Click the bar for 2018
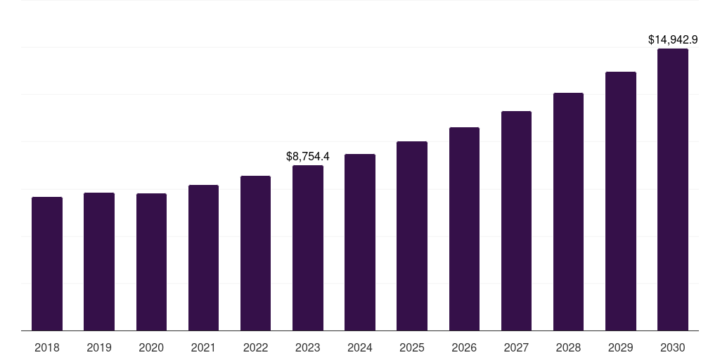click(x=47, y=264)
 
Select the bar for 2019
click(x=99, y=262)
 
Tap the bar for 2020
click(x=151, y=262)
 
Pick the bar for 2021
click(x=203, y=257)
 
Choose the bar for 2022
click(x=255, y=253)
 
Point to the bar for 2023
click(x=308, y=247)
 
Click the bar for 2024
click(x=360, y=242)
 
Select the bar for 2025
click(x=412, y=236)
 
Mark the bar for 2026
click(x=464, y=229)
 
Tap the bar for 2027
click(x=516, y=221)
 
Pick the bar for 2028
click(x=568, y=212)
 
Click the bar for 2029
click(x=621, y=201)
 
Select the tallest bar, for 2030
click(x=673, y=189)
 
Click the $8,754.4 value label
click(x=308, y=156)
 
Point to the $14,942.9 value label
click(x=673, y=40)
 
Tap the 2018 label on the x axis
click(x=47, y=347)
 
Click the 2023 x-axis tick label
click(x=308, y=347)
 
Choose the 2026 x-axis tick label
click(x=464, y=347)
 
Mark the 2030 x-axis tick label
click(x=673, y=347)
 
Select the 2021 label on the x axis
click(x=203, y=347)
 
